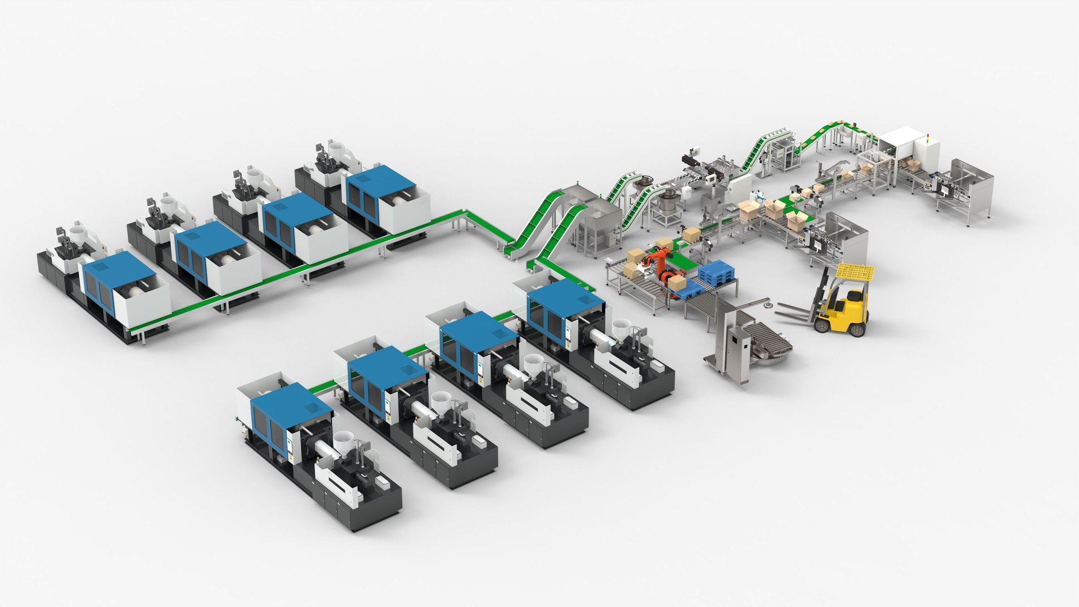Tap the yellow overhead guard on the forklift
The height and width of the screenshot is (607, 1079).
click(855, 272)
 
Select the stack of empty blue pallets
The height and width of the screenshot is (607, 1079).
click(717, 272)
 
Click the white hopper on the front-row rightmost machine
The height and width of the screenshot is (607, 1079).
click(621, 327)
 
